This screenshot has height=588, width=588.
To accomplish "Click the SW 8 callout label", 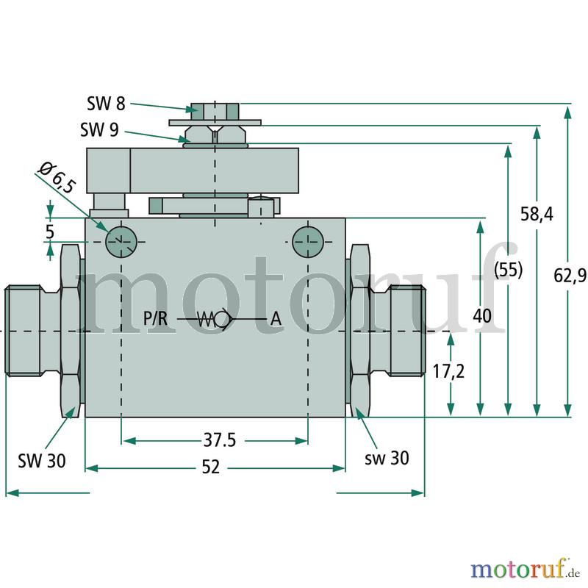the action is click(x=106, y=104).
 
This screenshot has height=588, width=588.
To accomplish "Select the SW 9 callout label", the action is click(x=99, y=130).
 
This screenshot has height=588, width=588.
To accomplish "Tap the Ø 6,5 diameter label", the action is click(x=57, y=177).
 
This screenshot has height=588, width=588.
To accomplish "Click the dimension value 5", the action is click(x=50, y=232).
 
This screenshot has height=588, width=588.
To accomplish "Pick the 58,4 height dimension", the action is click(x=537, y=214).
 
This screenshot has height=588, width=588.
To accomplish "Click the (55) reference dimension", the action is click(x=508, y=269).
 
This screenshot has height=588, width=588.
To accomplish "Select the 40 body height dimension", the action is click(x=482, y=316).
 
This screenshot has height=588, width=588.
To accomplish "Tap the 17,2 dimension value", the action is click(x=448, y=371).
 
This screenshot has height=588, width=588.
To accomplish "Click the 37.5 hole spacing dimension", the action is click(x=220, y=440).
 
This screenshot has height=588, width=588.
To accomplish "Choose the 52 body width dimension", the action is click(x=211, y=467).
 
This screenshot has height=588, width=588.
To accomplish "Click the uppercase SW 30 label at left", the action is click(x=42, y=461).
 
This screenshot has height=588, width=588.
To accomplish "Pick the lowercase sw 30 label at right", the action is click(x=387, y=458).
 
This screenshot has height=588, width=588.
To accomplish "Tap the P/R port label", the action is click(x=155, y=319).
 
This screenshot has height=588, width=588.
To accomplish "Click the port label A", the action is click(x=276, y=319).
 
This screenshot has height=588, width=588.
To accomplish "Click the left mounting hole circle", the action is click(x=121, y=242).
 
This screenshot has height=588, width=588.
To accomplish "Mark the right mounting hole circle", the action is click(x=308, y=242).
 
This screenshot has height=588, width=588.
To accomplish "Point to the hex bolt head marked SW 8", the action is click(x=215, y=112).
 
